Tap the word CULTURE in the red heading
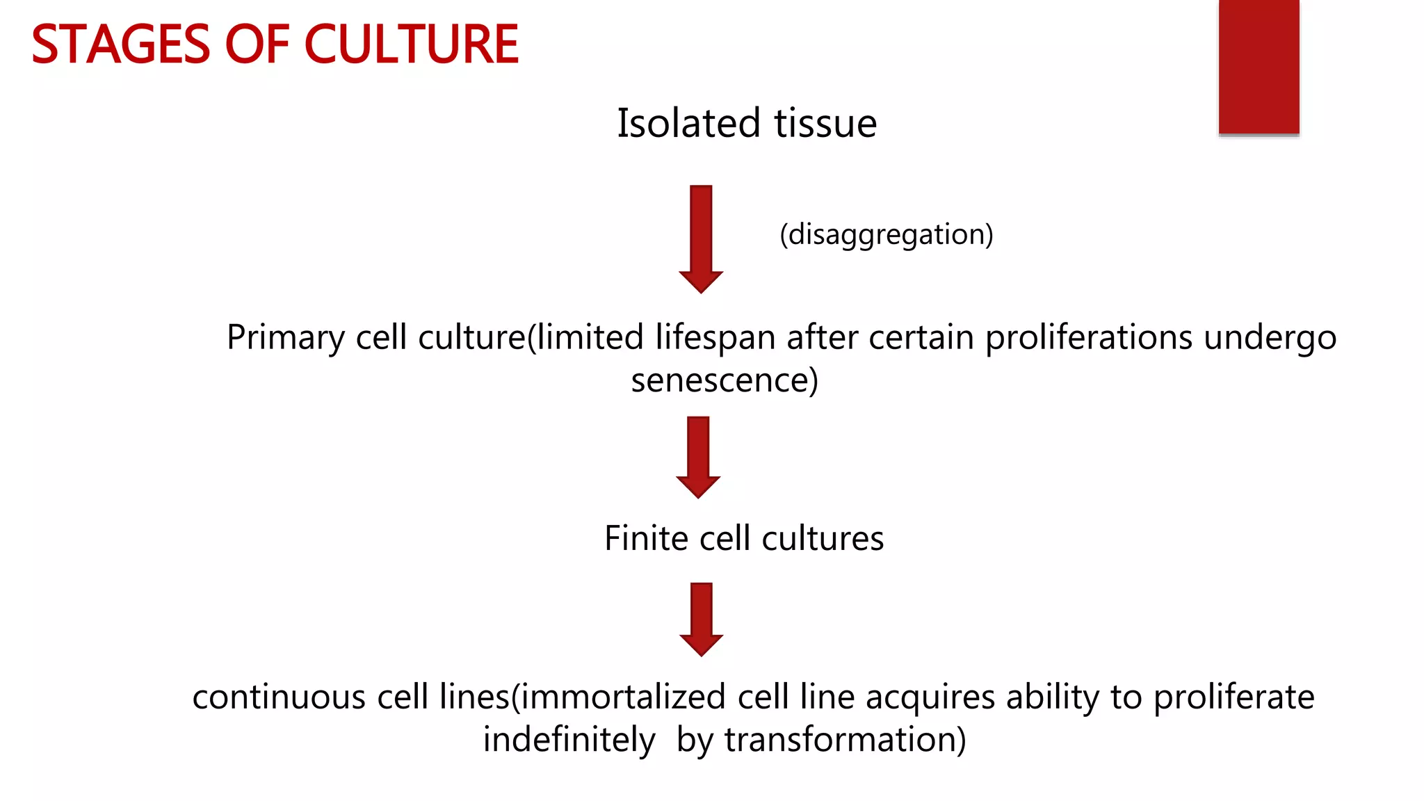tap(412, 44)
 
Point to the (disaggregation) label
tap(887, 235)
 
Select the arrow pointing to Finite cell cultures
tap(698, 456)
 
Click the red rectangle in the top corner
tap(1259, 67)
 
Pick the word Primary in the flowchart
tap(285, 339)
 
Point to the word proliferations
tap(1089, 337)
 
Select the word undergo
tap(1270, 339)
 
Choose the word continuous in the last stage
tap(279, 697)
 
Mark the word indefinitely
tap(569, 741)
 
